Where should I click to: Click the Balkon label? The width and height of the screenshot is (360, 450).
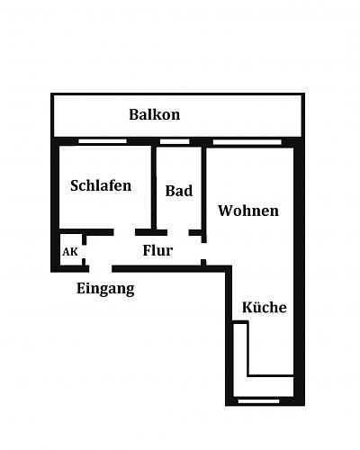pos(155,114)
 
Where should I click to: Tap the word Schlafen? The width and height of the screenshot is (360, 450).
pos(101,185)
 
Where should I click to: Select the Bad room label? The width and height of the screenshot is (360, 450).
pos(179,191)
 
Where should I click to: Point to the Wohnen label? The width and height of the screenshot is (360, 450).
pos(248,211)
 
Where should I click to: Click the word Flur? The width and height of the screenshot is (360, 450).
pos(157,250)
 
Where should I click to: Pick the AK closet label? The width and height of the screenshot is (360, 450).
pos(70,252)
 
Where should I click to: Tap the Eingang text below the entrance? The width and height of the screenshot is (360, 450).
pos(105,289)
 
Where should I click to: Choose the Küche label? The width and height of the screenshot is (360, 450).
pos(264,307)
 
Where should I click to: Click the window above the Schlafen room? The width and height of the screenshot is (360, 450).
pos(103,141)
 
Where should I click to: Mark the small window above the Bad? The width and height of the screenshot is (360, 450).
pos(175,141)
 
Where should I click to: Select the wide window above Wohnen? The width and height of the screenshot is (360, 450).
pos(247,141)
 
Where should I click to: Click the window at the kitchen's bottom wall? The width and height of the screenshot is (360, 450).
pos(258,401)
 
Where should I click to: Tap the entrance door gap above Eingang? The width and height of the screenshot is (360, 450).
pos(101,269)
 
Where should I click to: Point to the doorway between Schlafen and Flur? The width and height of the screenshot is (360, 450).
pos(124,232)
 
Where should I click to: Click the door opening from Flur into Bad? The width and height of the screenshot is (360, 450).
pos(178,232)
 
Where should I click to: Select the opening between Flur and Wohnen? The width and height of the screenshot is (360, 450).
pos(203,251)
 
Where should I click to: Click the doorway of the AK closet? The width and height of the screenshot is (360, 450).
pos(84,251)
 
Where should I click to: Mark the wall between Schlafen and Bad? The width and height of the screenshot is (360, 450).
pos(154,187)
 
